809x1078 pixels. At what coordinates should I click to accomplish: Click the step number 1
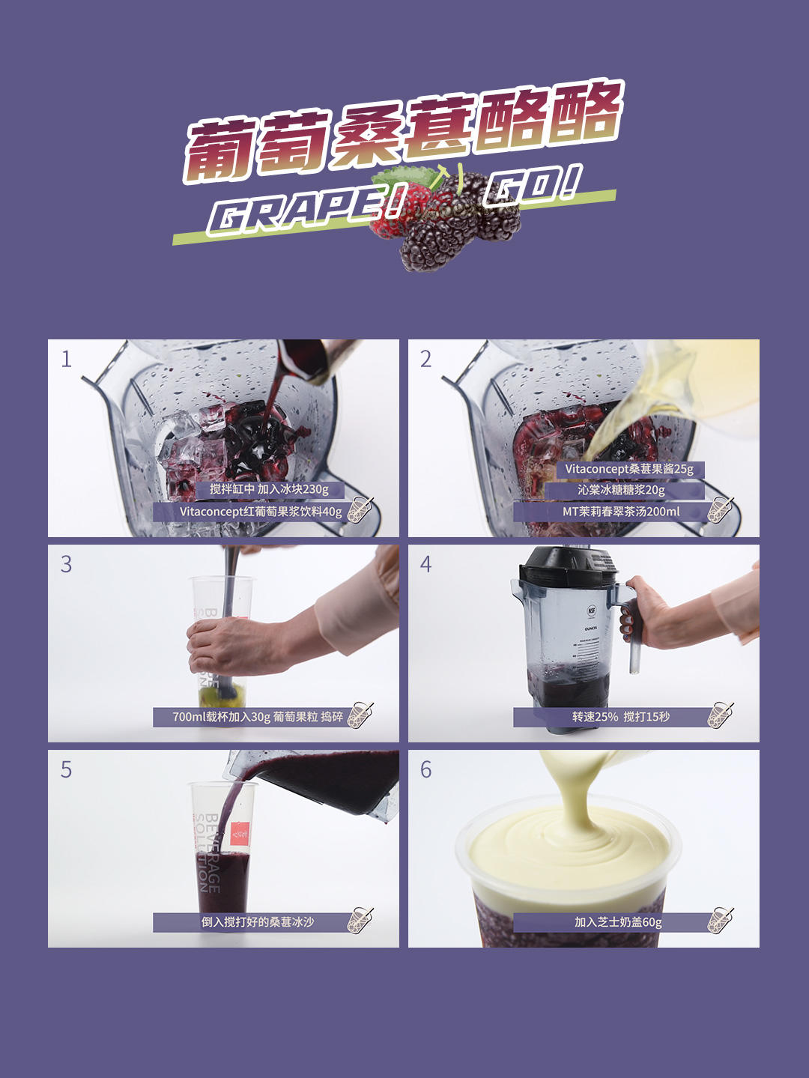66,360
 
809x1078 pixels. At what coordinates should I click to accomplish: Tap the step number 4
425,564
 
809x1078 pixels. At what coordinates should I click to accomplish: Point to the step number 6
425,769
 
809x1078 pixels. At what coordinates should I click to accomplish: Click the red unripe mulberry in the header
398,212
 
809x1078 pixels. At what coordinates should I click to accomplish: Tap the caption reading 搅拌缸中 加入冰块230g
269,489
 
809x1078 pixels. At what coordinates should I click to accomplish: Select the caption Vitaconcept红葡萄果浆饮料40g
261,512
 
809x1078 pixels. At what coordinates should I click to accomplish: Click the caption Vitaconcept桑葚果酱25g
629,469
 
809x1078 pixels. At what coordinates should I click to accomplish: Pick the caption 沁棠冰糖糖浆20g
621,490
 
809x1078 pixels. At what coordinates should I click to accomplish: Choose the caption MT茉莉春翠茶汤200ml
621,512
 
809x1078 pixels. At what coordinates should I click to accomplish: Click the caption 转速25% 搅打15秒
620,716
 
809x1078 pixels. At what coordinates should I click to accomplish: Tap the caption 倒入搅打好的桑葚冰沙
257,922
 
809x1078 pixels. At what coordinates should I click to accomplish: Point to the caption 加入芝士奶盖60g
618,922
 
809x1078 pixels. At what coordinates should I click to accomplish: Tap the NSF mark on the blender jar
592,611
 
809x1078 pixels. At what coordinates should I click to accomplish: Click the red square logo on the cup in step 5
240,834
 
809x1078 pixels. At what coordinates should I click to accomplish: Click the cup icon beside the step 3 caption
360,715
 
